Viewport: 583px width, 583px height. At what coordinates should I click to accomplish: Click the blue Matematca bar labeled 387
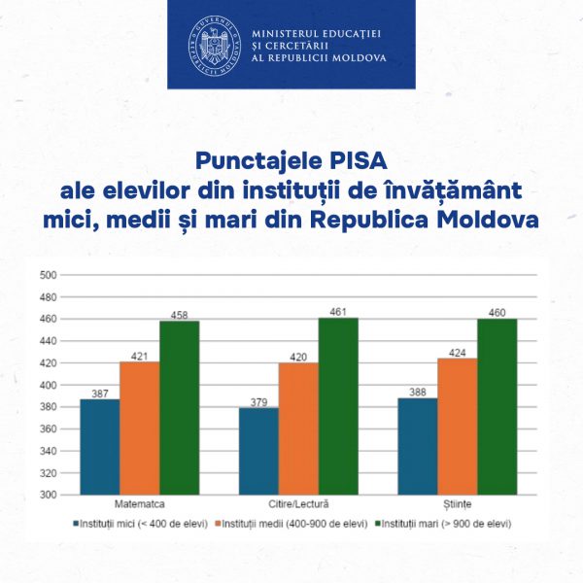pyautogui.click(x=99, y=446)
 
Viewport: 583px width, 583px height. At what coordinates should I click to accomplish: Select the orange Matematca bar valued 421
pyautogui.click(x=139, y=428)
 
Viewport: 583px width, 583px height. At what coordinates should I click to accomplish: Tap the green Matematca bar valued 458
pyautogui.click(x=179, y=407)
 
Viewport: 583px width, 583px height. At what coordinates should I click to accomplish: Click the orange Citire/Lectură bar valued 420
pyautogui.click(x=298, y=428)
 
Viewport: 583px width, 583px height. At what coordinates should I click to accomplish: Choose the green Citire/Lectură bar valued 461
pyautogui.click(x=338, y=405)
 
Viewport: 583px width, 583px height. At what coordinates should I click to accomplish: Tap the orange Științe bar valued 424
pyautogui.click(x=457, y=426)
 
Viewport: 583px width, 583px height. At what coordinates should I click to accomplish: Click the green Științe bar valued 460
pyautogui.click(x=497, y=406)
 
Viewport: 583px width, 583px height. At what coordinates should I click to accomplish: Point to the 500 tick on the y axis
pyautogui.click(x=46, y=274)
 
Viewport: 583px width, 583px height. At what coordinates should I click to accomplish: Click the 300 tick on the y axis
pyautogui.click(x=46, y=495)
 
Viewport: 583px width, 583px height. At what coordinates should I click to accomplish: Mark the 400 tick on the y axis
pyautogui.click(x=46, y=385)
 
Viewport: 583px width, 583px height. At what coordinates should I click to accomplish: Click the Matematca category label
pyautogui.click(x=138, y=506)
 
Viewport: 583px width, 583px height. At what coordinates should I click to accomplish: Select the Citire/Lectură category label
pyautogui.click(x=298, y=506)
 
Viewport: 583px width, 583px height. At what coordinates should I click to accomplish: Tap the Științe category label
pyautogui.click(x=457, y=506)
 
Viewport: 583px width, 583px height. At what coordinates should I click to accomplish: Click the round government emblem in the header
pyautogui.click(x=214, y=44)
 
